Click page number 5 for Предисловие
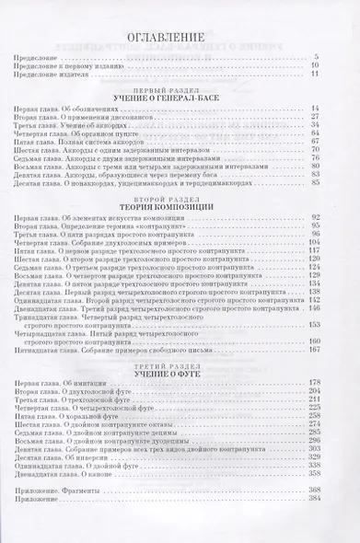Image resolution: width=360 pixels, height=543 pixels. tap(341, 59)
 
